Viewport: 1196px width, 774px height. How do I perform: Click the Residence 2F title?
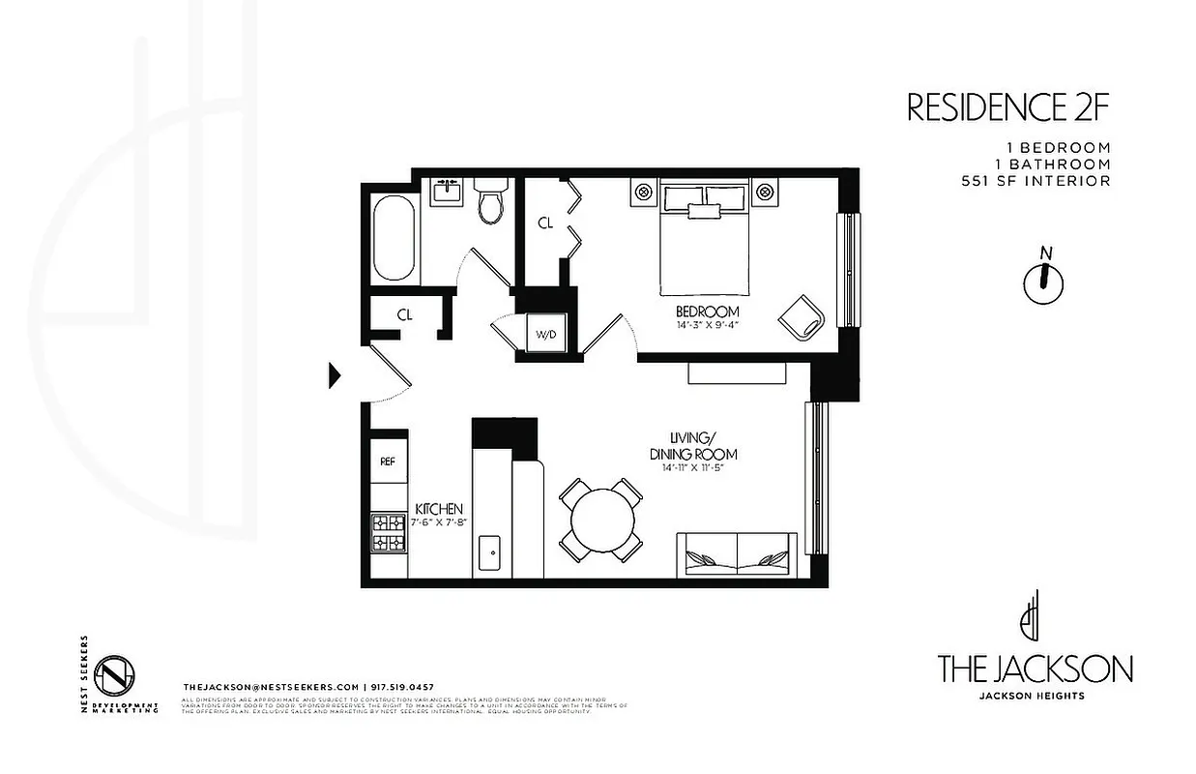tap(1006, 107)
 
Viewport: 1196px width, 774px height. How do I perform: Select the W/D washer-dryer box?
tap(547, 335)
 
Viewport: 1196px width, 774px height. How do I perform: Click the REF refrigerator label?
tap(388, 461)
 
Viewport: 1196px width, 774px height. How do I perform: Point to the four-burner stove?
tap(388, 531)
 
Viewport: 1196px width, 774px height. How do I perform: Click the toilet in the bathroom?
tap(491, 201)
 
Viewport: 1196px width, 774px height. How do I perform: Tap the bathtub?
tap(394, 238)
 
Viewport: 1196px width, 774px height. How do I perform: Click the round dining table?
tap(601, 520)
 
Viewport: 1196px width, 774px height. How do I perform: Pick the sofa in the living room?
tap(738, 556)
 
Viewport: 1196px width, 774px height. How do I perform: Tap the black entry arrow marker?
tap(335, 374)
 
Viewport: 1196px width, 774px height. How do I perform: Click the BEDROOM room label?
tap(707, 312)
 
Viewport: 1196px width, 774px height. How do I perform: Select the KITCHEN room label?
tap(439, 509)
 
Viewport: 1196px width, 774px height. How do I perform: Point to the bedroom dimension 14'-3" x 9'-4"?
tap(707, 325)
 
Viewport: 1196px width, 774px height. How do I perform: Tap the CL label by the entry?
tap(405, 314)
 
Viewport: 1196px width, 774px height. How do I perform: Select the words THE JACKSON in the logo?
tap(1035, 669)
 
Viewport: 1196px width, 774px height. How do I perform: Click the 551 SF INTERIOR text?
tap(1036, 180)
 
